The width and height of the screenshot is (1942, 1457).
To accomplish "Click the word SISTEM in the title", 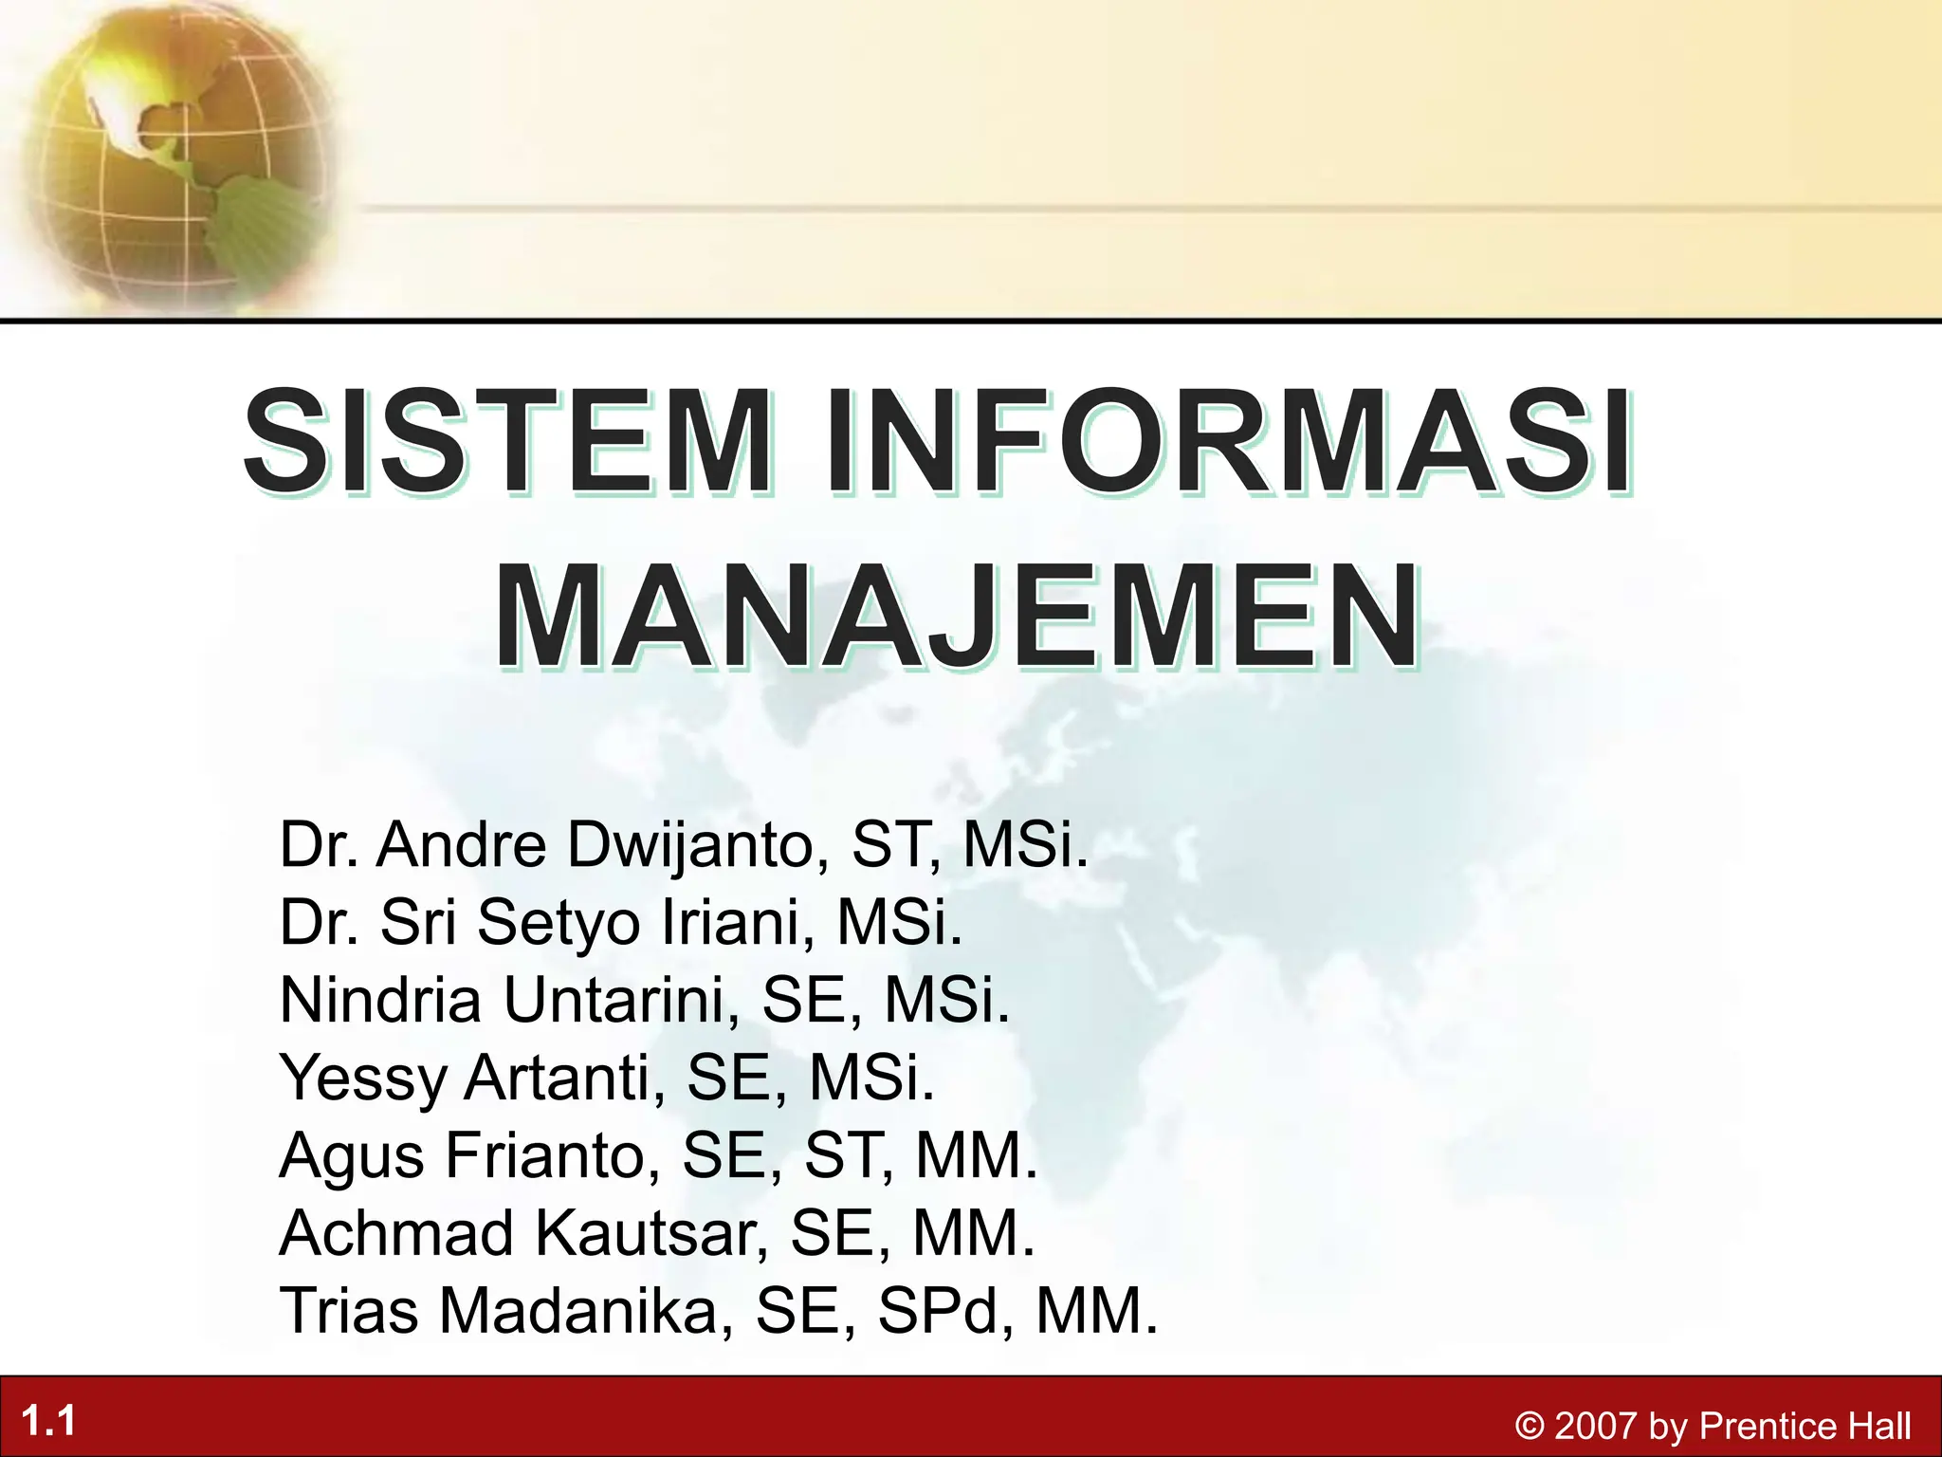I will click(507, 442).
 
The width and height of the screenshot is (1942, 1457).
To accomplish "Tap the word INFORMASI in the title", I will click(1229, 442).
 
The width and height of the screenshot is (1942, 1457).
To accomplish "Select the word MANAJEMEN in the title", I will click(958, 617).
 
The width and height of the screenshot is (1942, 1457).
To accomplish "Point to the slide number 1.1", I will click(48, 1421).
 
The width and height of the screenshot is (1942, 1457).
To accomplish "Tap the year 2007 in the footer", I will click(1597, 1427).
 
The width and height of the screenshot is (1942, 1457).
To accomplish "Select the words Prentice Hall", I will click(1805, 1427).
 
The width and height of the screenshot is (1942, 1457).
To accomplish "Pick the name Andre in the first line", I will click(462, 844).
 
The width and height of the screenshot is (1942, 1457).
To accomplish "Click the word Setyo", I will click(559, 922).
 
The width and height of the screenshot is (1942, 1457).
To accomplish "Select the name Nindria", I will click(380, 1000).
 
